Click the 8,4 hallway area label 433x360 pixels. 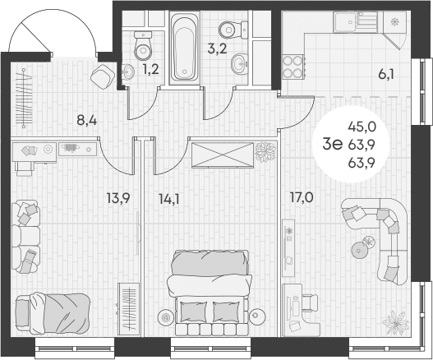click(x=86, y=121)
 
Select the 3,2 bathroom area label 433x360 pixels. click(x=217, y=49)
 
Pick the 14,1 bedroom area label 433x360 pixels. click(x=168, y=197)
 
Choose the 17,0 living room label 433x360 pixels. click(x=302, y=197)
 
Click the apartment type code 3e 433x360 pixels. click(x=332, y=145)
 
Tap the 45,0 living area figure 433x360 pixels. click(x=362, y=127)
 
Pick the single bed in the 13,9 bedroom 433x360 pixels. click(x=62, y=312)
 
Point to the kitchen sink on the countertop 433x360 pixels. click(x=358, y=22)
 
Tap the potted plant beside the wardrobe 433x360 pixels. click(x=265, y=151)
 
